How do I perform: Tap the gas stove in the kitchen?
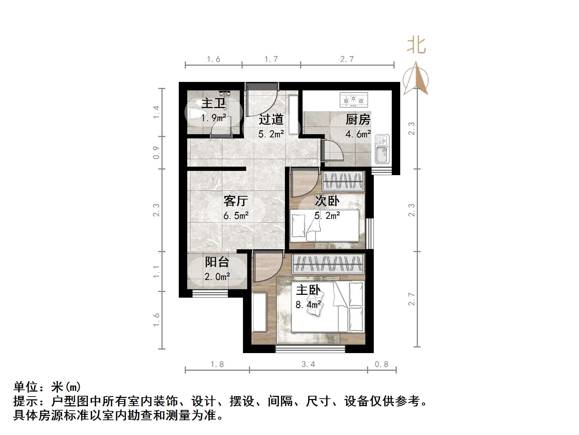tap(354, 100)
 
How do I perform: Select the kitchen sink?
tap(382, 149)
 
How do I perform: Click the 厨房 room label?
tap(358, 120)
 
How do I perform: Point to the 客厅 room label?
tap(236, 201)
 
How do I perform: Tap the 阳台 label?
tap(217, 262)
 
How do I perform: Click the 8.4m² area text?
tap(308, 304)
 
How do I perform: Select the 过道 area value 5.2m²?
tap(271, 134)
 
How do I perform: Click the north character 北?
tap(416, 46)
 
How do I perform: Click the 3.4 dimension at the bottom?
tap(308, 364)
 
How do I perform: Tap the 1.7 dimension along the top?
tap(271, 59)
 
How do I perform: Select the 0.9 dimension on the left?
tap(157, 153)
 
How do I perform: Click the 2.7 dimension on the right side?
tap(412, 299)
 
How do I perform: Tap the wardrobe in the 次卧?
tap(343, 181)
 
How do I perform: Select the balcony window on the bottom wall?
tap(210, 293)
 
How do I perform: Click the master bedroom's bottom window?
tap(310, 349)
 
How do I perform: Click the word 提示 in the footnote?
tap(26, 401)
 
